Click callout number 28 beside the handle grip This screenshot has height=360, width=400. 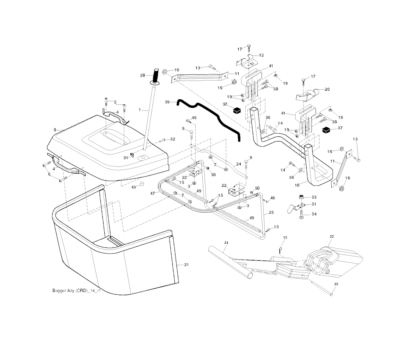point(143,75)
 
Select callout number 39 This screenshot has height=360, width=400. point(168,102)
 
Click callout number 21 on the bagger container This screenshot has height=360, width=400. point(186,265)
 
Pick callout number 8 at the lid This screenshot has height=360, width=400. point(55,129)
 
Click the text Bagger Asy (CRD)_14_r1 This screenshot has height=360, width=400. point(77,291)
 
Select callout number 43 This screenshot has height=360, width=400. point(134,187)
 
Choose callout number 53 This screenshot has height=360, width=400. point(314,198)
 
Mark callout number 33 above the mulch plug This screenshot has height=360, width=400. point(332,237)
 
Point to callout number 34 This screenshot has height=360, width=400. point(226,243)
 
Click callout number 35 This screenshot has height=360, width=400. point(336,284)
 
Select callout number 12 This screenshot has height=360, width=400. point(261,56)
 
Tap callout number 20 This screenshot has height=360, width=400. point(327,90)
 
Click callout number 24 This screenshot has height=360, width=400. point(239,164)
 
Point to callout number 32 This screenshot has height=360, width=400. point(173,139)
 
